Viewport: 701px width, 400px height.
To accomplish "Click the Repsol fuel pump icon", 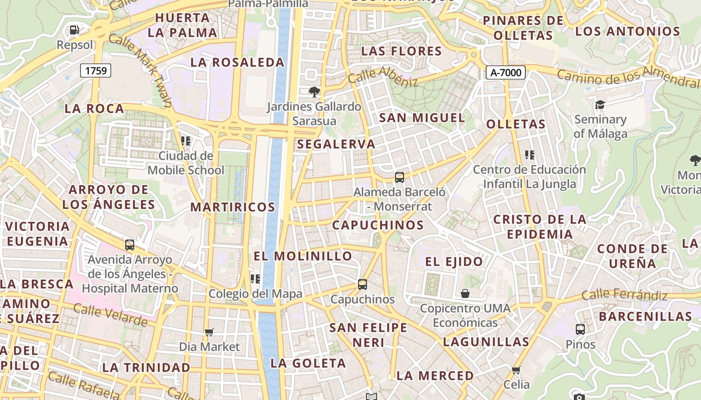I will (75, 30).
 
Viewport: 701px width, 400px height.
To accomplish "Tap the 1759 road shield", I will (96, 70).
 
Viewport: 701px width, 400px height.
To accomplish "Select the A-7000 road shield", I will (505, 72).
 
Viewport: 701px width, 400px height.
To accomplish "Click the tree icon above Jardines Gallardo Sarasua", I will (314, 92).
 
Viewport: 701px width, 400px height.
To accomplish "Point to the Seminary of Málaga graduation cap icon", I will (600, 104).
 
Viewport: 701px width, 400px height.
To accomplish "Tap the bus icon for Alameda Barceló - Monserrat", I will (400, 177).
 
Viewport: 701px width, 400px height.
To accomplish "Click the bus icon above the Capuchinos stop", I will (363, 284).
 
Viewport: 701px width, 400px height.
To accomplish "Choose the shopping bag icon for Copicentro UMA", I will (465, 293).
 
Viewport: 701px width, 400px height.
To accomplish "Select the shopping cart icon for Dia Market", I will (209, 332).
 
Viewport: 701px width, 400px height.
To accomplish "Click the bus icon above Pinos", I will (580, 329).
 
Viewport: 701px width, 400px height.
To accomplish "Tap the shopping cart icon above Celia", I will (516, 370).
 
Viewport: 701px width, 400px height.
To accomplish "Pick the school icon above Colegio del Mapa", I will (255, 278).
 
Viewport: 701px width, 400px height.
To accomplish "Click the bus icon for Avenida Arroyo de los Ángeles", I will (130, 245).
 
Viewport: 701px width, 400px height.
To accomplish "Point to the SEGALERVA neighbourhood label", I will (336, 144).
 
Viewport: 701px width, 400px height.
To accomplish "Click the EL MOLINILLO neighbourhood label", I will (303, 256).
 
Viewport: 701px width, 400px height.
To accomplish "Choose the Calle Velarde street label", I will (111, 314).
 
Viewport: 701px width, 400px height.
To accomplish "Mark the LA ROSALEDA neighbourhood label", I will (237, 62).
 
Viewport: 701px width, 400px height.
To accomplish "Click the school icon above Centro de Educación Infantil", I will (530, 155).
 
